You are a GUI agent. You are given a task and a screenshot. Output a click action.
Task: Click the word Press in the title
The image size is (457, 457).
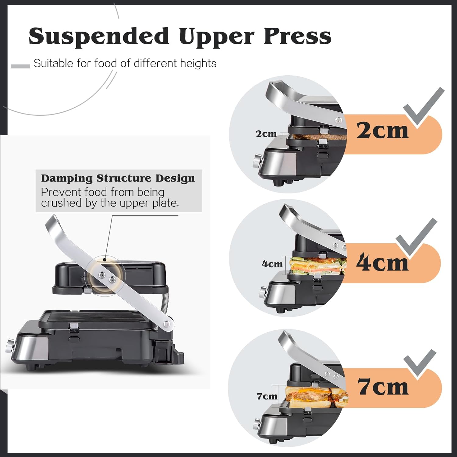coord(297,36)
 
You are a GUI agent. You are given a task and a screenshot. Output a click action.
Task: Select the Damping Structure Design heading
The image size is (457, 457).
coord(118,178)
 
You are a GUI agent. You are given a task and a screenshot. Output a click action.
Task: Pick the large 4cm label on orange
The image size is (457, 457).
coord(382,263)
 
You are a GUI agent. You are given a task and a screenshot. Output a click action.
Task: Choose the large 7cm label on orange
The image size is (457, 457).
coord(383,387)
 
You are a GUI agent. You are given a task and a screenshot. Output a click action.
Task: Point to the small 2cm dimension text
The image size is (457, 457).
coord(266,134)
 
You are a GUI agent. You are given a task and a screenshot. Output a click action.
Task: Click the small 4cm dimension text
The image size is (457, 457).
coord(272,264)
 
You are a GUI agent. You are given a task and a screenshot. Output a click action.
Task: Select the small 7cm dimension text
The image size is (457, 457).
coord(267,396)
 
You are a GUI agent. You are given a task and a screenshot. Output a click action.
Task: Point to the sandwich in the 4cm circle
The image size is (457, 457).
coord(317,266)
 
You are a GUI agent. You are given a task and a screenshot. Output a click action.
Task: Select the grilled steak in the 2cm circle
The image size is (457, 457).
coord(317,136)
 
